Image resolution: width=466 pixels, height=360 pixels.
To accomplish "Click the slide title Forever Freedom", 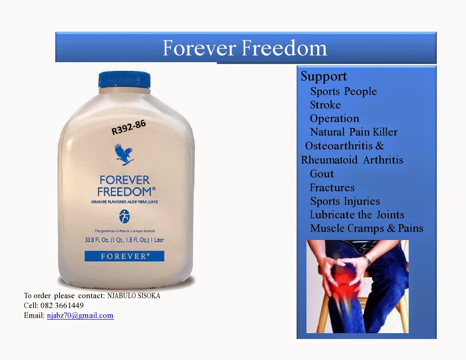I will tap(245, 48).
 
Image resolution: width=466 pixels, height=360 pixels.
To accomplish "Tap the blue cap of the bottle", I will tap(124, 79).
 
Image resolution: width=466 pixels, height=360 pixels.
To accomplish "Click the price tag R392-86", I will tap(128, 127).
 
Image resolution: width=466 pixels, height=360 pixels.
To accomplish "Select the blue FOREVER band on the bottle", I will tap(124, 256).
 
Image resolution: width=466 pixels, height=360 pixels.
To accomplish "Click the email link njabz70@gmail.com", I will tap(80, 315).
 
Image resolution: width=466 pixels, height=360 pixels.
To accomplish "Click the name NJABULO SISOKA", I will tap(134, 296).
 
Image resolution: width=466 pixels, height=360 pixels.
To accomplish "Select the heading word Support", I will tap(324, 76).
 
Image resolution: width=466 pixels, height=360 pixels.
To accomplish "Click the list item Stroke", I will tap(325, 105).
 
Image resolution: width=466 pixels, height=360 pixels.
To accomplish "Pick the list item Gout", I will tap(322, 174).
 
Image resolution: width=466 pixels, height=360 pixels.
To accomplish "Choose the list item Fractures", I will tap(332, 188).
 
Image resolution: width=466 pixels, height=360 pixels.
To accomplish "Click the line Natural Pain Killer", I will tap(354, 132).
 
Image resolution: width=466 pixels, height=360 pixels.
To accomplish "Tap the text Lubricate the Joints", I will tap(357, 215).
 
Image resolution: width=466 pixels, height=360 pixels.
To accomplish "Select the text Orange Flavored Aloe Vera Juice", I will tap(124, 202).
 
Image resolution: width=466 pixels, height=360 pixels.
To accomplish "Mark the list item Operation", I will tap(334, 119).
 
